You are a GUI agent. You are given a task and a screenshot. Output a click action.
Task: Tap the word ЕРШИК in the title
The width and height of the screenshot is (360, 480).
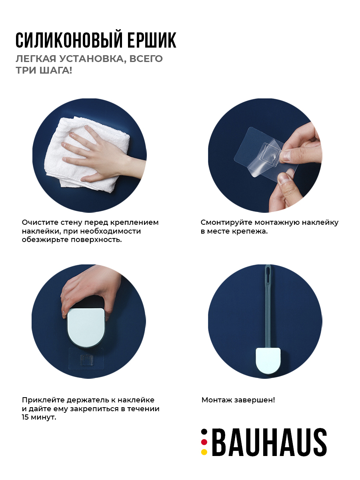point(152,40)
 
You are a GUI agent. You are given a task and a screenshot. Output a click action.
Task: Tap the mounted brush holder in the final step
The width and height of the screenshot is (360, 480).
point(268,360)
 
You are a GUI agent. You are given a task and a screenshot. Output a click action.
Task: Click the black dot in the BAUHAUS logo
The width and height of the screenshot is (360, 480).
point(204,432)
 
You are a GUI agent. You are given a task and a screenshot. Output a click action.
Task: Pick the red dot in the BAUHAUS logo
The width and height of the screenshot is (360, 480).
point(204,442)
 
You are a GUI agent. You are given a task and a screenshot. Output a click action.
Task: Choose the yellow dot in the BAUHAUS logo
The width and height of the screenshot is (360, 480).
point(204,452)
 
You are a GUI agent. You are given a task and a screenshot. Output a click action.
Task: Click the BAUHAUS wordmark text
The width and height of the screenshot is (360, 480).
point(270,442)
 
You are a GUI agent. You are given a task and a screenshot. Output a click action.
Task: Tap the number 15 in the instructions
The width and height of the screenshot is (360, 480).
point(25,417)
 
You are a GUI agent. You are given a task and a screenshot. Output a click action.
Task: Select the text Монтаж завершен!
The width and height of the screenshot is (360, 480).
point(238,400)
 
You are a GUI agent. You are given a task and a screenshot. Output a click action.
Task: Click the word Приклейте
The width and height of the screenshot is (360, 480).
point(43,400)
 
